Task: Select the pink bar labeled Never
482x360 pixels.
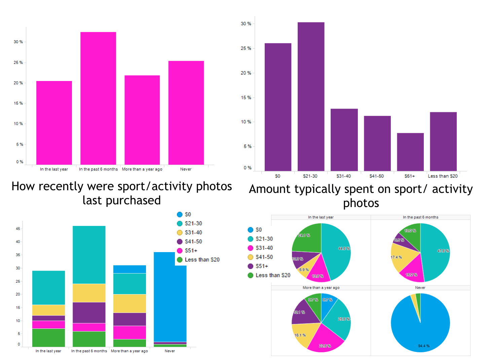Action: (186, 113)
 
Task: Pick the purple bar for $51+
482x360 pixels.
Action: (410, 152)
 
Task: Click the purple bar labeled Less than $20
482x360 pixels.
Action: (443, 142)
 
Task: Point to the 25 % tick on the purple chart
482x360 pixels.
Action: (246, 48)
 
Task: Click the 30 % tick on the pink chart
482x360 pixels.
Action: (18, 42)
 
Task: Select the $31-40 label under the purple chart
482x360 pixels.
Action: (343, 176)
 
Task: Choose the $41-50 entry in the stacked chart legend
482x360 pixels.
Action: (193, 242)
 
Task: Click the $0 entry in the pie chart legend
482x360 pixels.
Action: (258, 230)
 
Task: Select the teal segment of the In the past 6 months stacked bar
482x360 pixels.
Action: (89, 254)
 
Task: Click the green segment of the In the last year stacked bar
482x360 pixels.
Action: (48, 337)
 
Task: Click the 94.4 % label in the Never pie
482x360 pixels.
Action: (423, 346)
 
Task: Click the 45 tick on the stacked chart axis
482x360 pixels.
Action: (18, 229)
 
